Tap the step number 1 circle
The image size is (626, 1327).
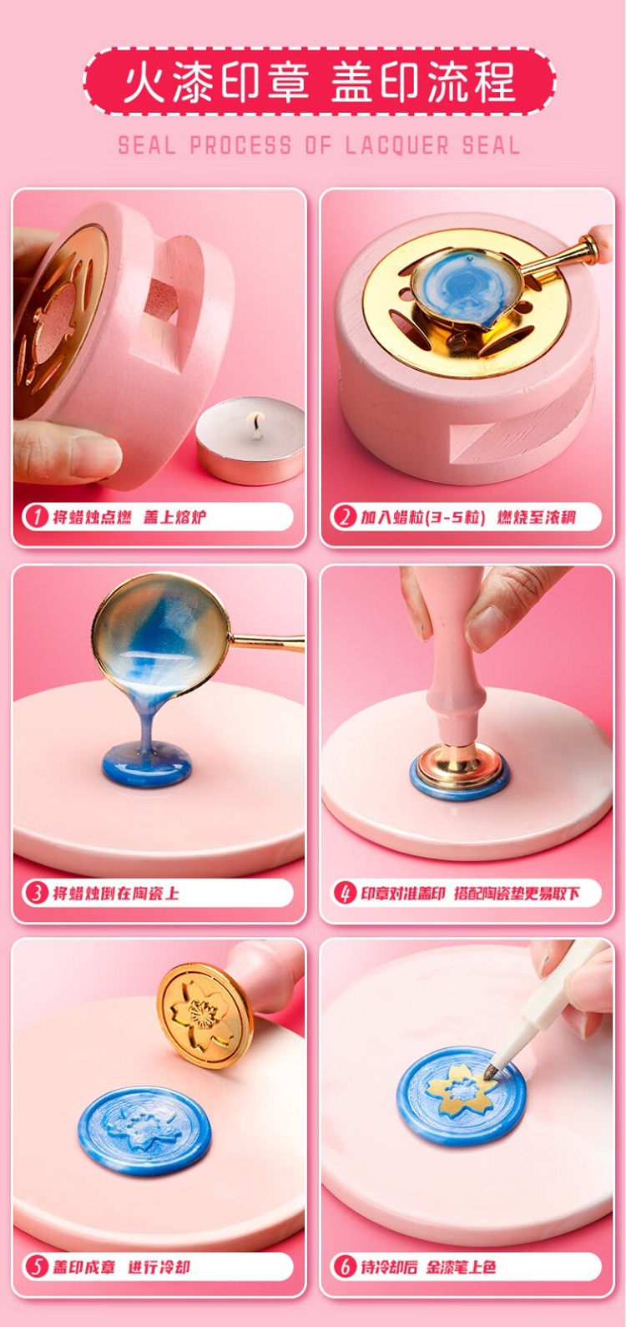37,517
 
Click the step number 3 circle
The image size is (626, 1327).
37,894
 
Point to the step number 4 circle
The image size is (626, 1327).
344,893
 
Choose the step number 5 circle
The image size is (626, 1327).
37,1267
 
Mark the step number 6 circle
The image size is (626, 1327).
344,1267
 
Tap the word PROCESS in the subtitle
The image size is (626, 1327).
240,145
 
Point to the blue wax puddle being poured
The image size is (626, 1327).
147,765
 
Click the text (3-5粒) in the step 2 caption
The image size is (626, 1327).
455,517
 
